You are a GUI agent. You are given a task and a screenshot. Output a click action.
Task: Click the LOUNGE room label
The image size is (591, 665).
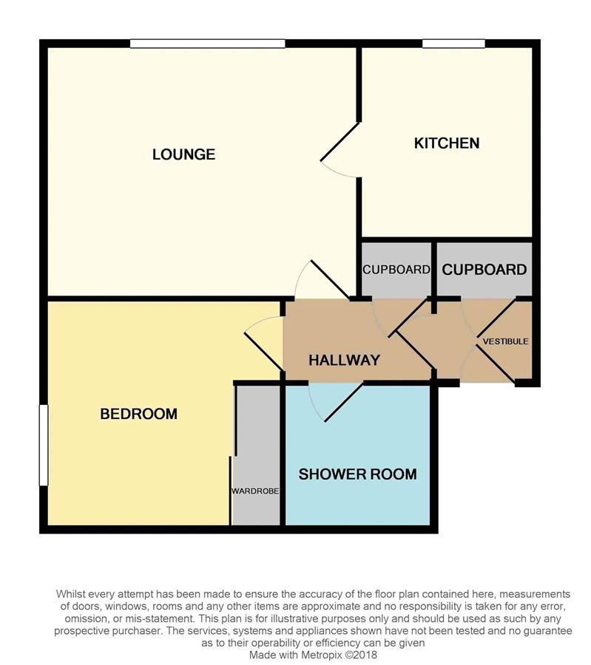184,154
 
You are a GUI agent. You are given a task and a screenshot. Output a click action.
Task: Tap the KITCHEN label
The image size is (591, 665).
447,143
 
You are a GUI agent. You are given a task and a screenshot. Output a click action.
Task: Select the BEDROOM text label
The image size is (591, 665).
139,414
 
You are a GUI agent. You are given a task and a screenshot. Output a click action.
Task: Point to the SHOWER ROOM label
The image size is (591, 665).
357,474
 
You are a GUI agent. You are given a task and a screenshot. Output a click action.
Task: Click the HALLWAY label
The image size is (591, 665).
345,360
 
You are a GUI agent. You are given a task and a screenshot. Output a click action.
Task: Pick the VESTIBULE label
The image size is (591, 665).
506,341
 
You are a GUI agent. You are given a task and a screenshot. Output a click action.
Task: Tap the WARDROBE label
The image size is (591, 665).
255,491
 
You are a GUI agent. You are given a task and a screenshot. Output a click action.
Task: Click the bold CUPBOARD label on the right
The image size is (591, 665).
484,270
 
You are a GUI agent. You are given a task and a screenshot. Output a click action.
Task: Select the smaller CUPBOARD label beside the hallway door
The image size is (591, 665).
396,270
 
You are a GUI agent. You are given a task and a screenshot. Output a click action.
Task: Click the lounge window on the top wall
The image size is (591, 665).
208,44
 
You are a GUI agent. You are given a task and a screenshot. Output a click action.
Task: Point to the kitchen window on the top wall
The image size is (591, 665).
454,44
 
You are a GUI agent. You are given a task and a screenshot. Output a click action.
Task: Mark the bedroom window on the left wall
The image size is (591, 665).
44,445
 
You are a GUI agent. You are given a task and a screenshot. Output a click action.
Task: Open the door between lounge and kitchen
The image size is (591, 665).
340,142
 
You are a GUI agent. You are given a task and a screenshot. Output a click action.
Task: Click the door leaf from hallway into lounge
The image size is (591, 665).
331,279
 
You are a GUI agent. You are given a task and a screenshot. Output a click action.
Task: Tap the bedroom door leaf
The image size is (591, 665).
263,352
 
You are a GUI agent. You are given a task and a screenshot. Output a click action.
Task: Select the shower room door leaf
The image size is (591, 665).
344,403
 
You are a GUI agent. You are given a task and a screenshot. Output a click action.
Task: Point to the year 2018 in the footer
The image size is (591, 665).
366,655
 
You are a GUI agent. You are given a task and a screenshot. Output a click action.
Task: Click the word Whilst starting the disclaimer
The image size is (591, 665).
70,594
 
